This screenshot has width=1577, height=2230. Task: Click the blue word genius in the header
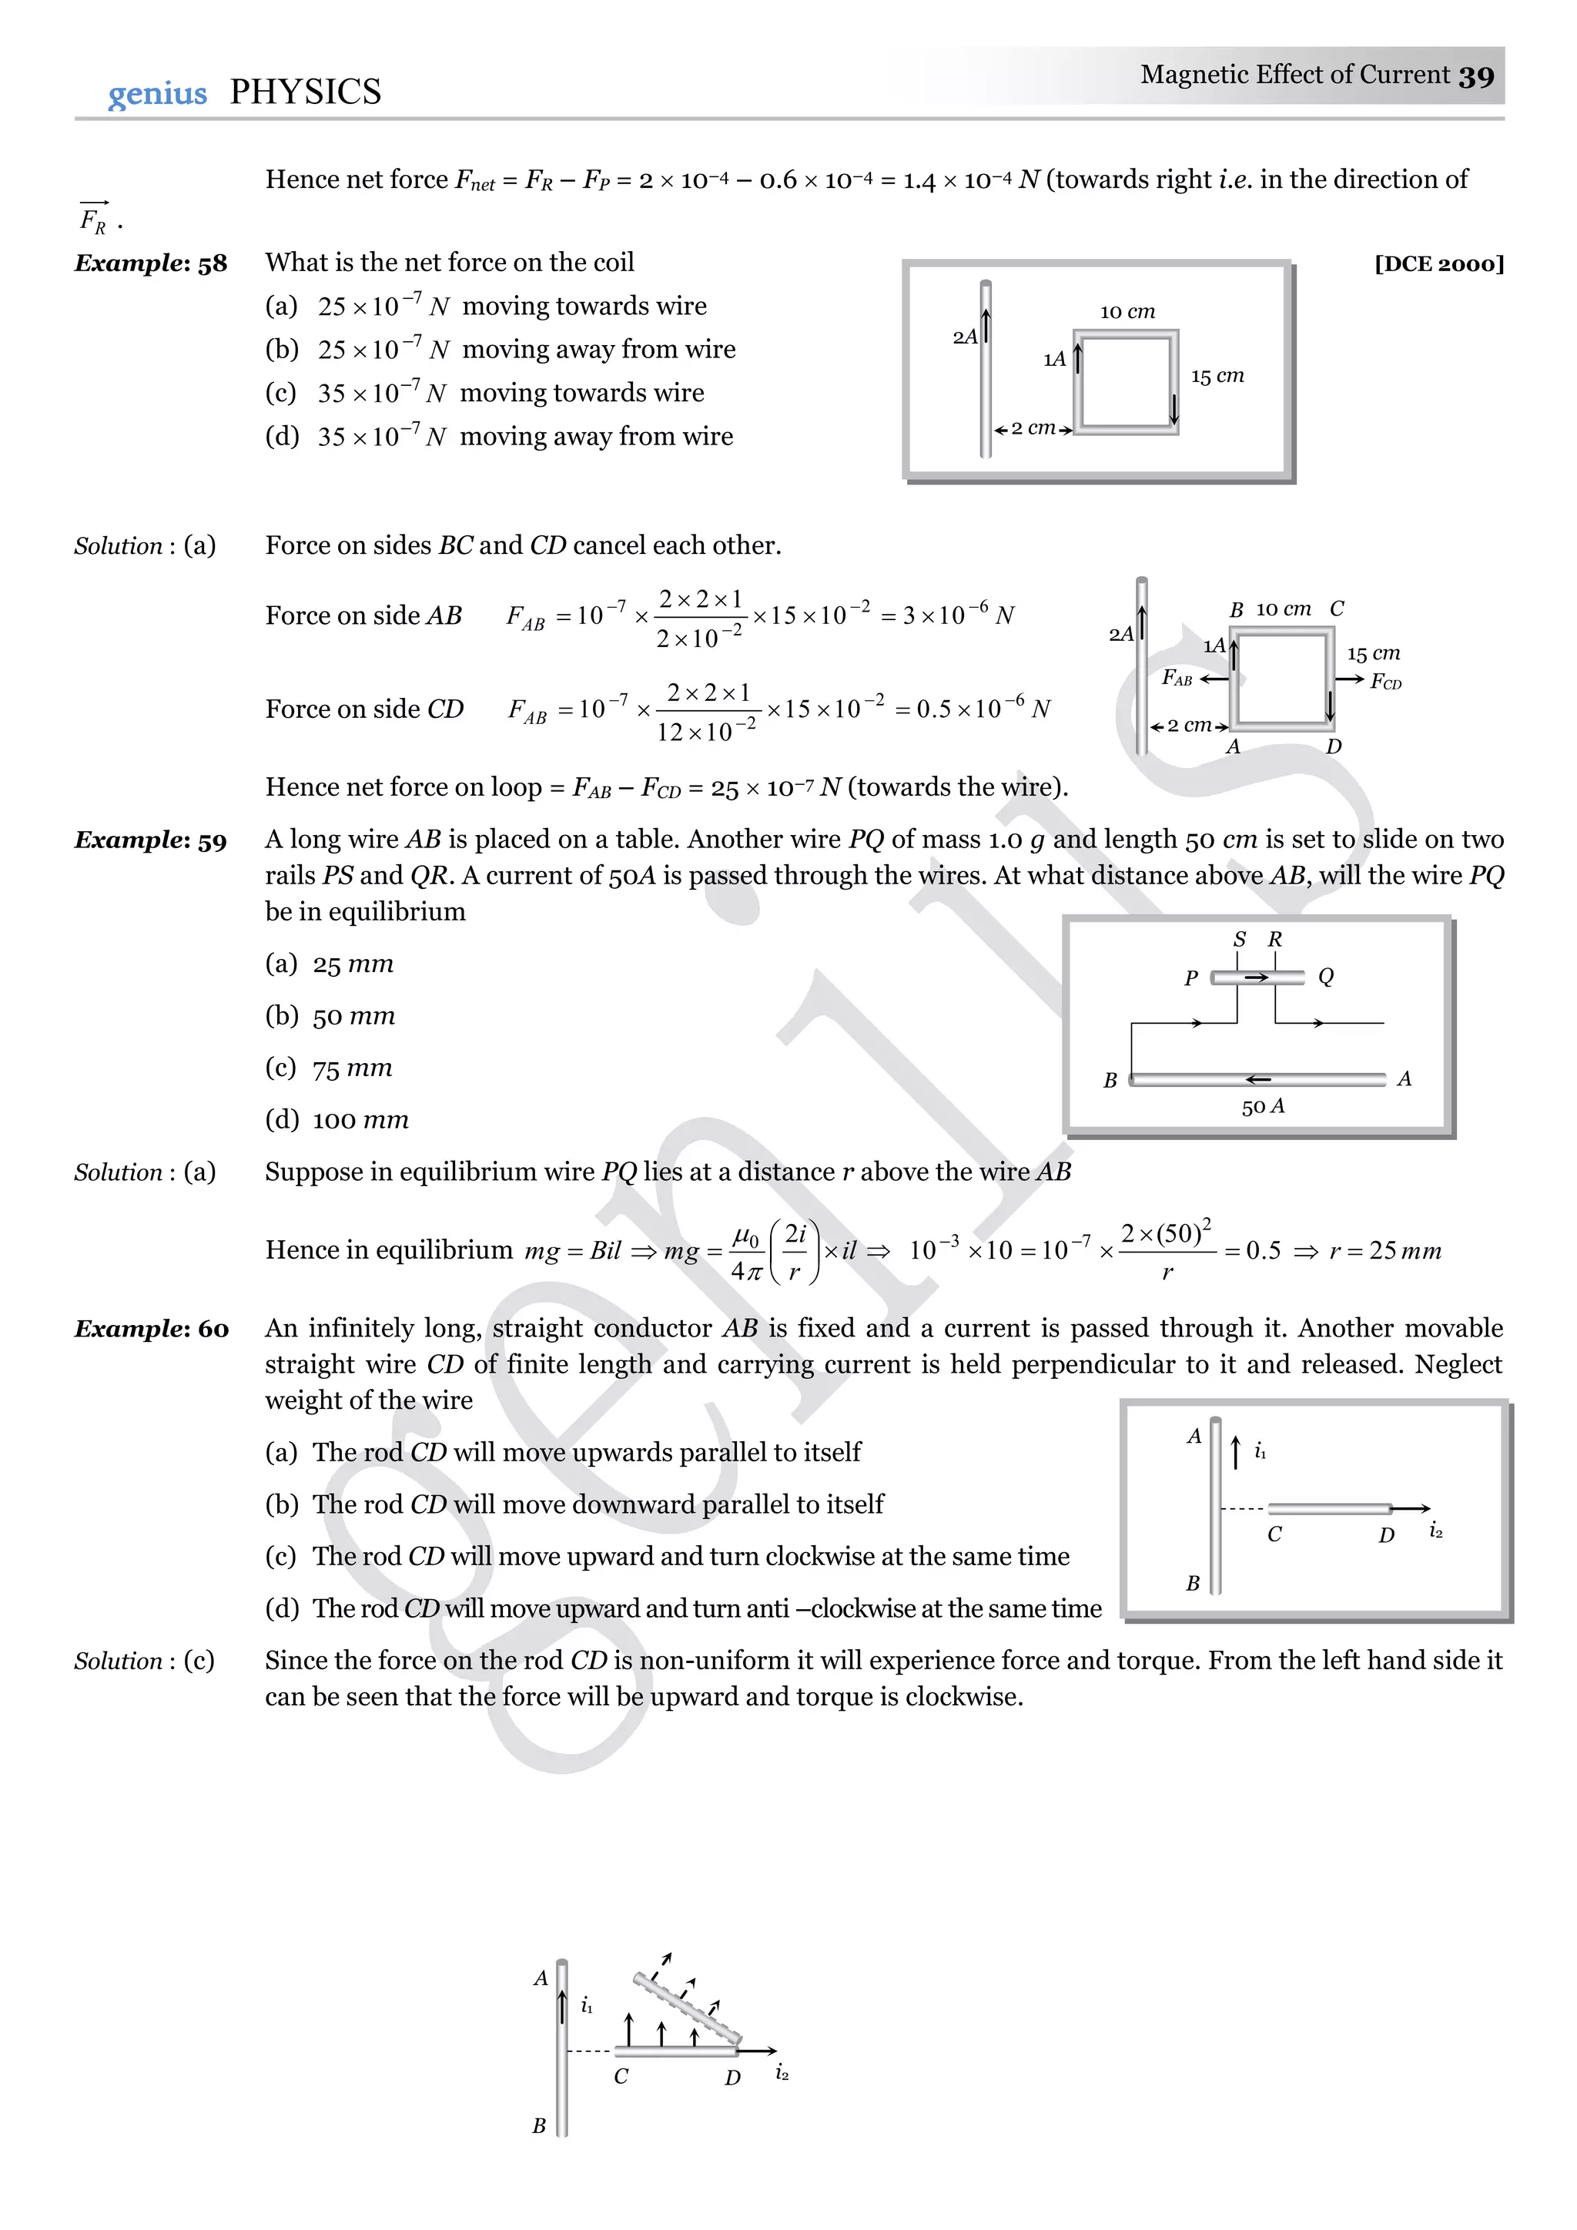[157, 93]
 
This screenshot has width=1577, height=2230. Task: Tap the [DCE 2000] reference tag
[1439, 264]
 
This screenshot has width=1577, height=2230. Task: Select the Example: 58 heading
[150, 263]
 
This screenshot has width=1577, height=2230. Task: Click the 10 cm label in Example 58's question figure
[1127, 312]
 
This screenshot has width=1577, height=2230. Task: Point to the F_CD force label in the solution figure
[1386, 682]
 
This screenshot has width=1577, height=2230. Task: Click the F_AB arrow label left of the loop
[1177, 678]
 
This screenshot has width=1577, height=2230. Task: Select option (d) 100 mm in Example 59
[337, 1120]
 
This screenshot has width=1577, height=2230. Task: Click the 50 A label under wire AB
[1262, 1106]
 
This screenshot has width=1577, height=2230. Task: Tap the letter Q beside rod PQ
[1325, 976]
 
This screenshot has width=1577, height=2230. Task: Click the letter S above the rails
[1239, 939]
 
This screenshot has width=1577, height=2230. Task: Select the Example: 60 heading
[152, 1329]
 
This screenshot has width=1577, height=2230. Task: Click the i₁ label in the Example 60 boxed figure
[1260, 1451]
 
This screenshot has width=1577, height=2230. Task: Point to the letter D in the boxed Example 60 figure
[1386, 1534]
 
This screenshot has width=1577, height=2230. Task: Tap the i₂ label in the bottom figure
[782, 2074]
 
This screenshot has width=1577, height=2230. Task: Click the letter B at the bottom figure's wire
[539, 2126]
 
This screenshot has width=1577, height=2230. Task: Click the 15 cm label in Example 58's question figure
[1217, 376]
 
